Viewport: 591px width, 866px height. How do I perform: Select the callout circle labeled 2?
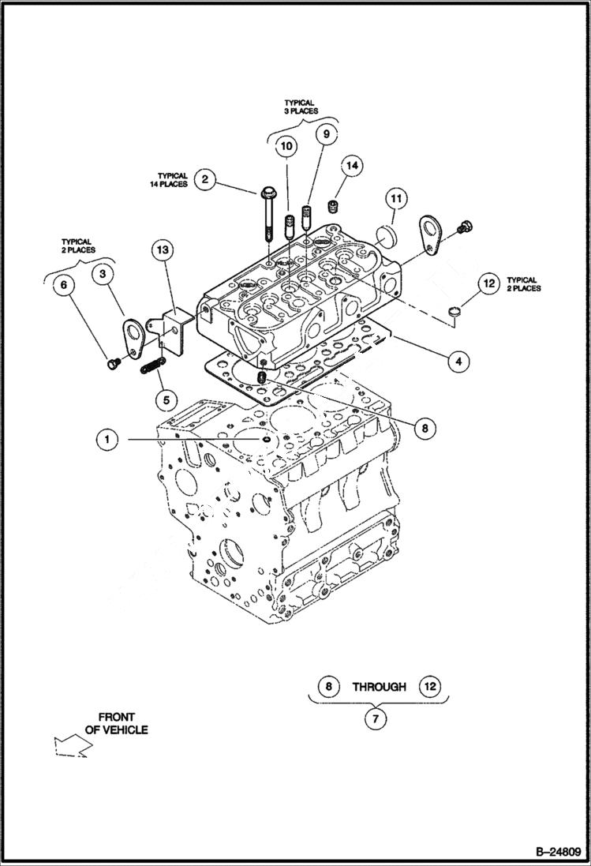click(x=204, y=179)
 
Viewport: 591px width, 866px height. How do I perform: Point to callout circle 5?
click(x=166, y=399)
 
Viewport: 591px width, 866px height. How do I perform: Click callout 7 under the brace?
click(x=376, y=720)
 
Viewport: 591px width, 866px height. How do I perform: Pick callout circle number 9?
click(x=324, y=134)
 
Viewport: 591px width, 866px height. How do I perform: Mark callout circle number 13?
click(x=162, y=250)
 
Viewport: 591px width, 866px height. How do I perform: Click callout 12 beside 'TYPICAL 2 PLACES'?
click(x=488, y=283)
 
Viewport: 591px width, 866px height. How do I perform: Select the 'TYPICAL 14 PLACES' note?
click(x=172, y=180)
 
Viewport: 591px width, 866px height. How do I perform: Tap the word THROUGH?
click(x=379, y=687)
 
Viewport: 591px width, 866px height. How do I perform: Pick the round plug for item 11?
click(x=387, y=234)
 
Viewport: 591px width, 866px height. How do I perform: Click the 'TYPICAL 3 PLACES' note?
click(x=301, y=107)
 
